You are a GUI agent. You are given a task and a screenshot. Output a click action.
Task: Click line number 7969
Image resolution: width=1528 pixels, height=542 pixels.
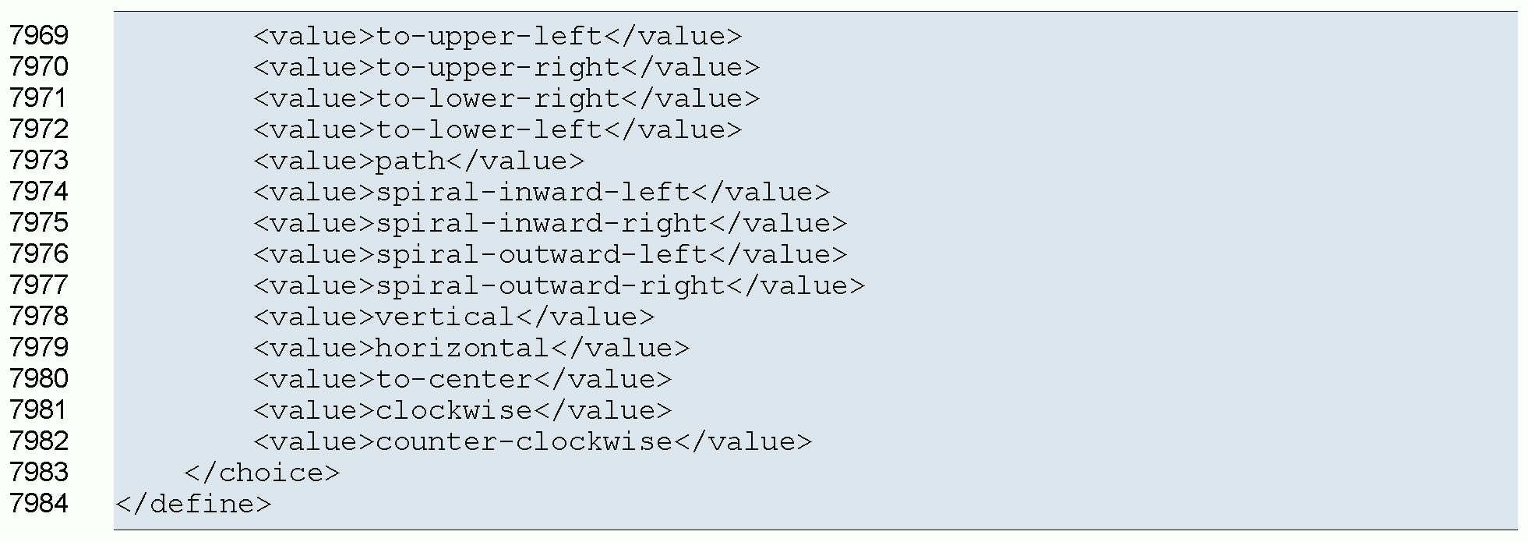39,36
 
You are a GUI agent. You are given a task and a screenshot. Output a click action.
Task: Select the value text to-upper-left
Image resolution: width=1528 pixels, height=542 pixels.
489,37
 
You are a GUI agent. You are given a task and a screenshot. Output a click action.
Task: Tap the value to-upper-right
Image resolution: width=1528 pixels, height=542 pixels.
497,68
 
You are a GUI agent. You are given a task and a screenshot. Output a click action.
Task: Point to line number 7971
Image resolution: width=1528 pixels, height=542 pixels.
39,98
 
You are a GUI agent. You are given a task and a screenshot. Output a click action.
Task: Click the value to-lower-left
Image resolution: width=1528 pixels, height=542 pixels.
489,130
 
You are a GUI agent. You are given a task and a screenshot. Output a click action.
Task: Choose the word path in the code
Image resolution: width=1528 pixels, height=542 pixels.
410,161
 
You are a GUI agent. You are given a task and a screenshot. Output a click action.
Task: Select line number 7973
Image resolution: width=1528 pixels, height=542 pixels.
39,161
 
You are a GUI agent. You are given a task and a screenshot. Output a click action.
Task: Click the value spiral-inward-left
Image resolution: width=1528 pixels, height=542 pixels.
532,193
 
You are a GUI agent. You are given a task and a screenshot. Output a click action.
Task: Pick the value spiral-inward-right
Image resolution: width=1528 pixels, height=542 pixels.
541,224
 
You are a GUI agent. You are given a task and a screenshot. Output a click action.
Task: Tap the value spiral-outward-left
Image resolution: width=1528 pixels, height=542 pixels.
541,255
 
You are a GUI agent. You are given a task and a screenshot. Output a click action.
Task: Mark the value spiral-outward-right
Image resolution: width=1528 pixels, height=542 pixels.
549,286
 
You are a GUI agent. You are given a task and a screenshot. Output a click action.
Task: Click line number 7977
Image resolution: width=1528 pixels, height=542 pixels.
39,285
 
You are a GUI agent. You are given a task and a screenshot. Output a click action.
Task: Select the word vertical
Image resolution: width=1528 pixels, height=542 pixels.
445,317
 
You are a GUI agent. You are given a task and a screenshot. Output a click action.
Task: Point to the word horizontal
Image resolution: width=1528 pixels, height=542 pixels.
462,349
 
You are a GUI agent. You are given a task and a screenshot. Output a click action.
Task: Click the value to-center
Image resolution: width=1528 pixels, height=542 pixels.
453,380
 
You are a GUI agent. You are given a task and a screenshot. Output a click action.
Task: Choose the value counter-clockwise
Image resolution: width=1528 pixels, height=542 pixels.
524,442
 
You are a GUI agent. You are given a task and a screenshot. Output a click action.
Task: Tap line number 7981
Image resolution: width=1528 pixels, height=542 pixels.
39,410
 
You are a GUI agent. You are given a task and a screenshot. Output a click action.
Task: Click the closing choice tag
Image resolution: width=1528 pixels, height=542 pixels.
262,473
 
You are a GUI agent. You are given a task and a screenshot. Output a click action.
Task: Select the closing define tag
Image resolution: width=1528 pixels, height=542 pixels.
193,505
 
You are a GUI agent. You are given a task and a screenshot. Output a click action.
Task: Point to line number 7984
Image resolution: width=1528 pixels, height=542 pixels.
39,504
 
